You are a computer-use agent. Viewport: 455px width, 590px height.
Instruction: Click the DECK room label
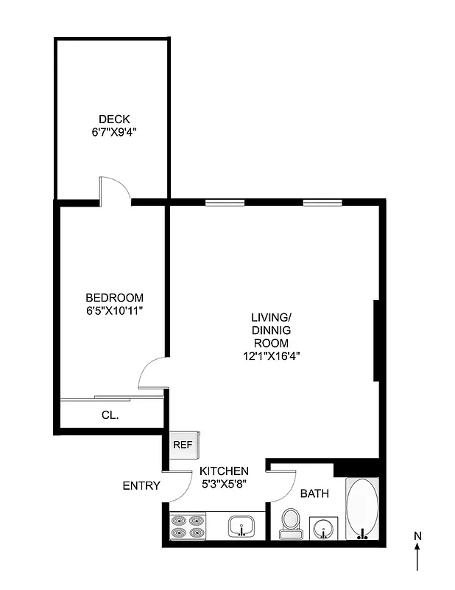pyautogui.click(x=114, y=119)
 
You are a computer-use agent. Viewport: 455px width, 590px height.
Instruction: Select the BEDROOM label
pyautogui.click(x=114, y=297)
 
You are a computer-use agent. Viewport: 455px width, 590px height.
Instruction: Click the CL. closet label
pyautogui.click(x=110, y=415)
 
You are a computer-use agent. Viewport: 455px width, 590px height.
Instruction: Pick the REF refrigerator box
pyautogui.click(x=182, y=445)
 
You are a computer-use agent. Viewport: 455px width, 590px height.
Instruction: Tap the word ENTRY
pyautogui.click(x=141, y=485)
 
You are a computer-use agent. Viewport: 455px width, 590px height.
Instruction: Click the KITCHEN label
pyautogui.click(x=225, y=471)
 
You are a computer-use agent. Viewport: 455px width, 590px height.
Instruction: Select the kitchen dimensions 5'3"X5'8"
pyautogui.click(x=224, y=485)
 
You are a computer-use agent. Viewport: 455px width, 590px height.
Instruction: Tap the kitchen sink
pyautogui.click(x=241, y=527)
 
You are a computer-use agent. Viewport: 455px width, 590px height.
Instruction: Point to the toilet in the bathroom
pyautogui.click(x=290, y=523)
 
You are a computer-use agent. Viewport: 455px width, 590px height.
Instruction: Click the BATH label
pyautogui.click(x=314, y=493)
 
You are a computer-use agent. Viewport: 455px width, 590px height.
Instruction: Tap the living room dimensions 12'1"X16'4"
pyautogui.click(x=271, y=355)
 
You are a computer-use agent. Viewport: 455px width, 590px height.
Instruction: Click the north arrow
pyautogui.click(x=417, y=553)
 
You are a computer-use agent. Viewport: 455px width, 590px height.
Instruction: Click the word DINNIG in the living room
pyautogui.click(x=271, y=330)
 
